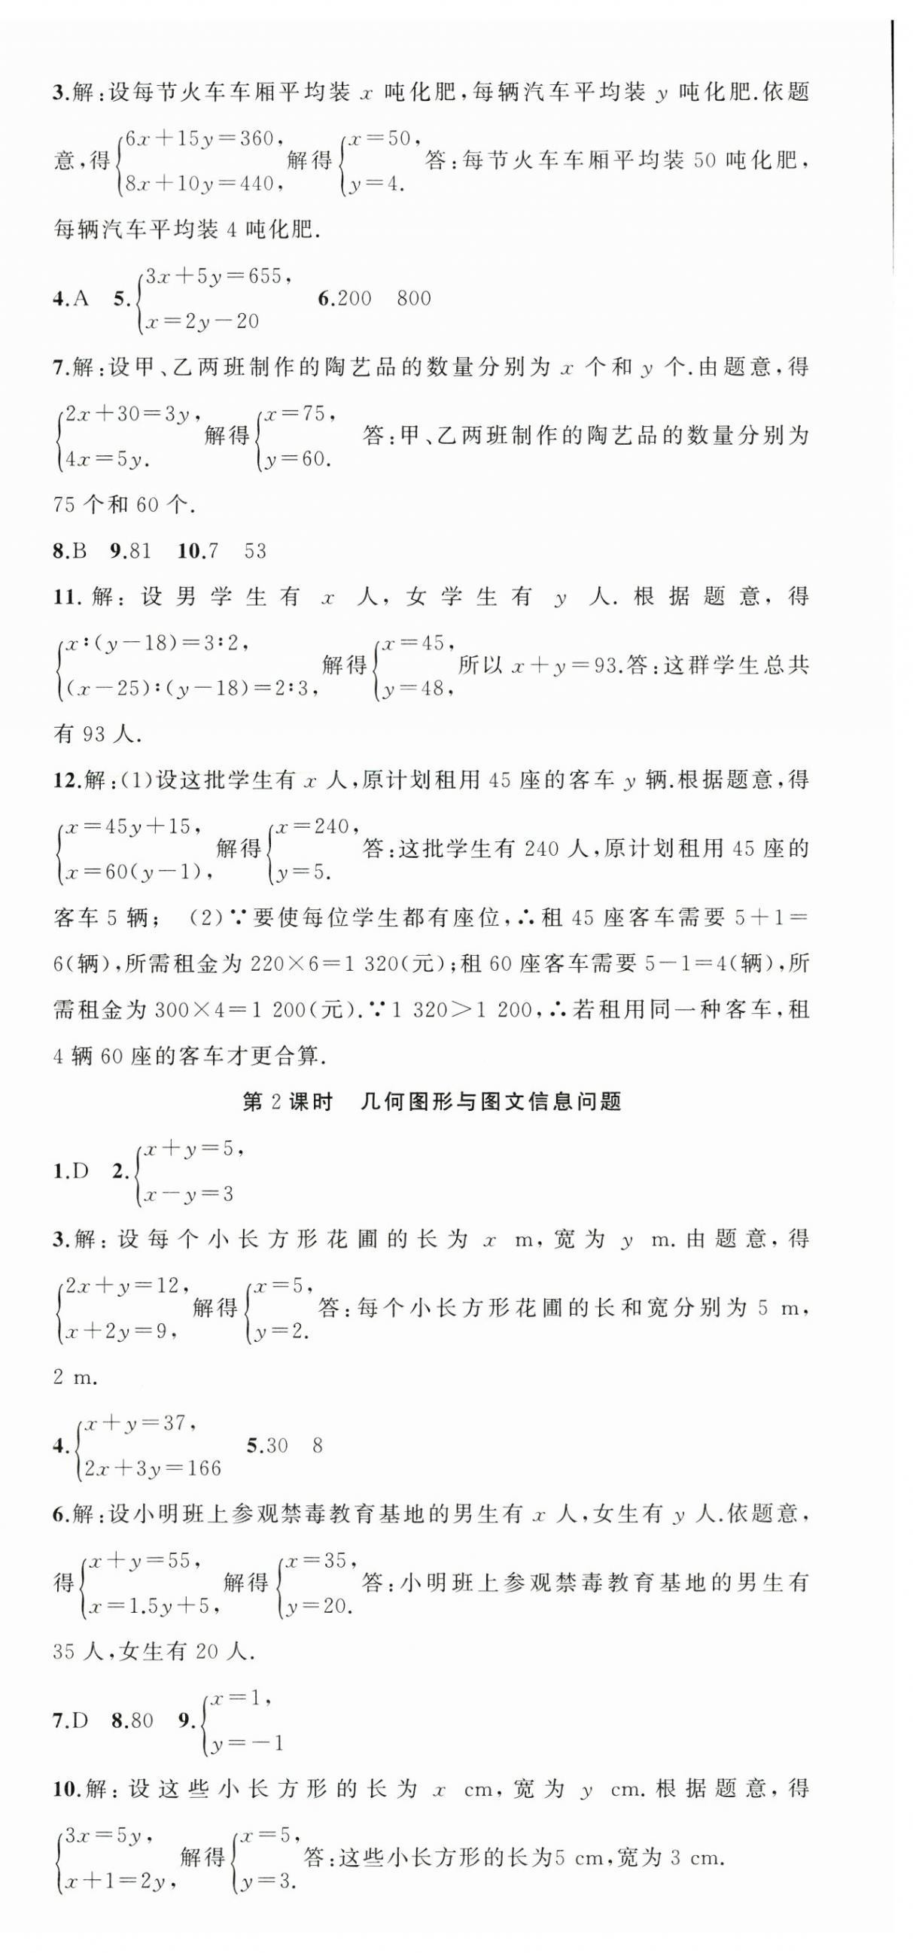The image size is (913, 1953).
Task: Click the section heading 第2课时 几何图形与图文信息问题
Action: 431,1102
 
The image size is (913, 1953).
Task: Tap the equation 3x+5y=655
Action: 214,276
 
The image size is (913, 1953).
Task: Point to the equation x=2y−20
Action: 202,321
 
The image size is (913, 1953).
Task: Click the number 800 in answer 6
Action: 413,299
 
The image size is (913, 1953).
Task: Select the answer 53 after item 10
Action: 256,551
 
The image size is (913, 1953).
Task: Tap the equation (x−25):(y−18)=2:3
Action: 189,689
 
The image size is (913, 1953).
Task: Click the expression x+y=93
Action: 562,666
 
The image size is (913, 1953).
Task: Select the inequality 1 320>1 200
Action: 458,1010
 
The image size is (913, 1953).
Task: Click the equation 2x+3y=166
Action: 153,1468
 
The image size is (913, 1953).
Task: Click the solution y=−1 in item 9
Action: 247,1743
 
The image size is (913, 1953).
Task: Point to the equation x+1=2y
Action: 115,1880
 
